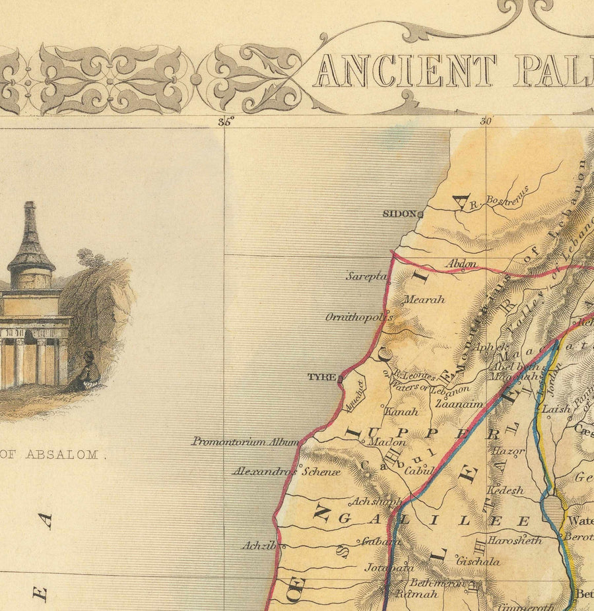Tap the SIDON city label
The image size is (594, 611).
[x=399, y=214]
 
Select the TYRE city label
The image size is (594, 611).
[x=321, y=377]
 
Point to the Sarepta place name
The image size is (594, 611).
[x=366, y=276]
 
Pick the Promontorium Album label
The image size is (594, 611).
[x=245, y=441]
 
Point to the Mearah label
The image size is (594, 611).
[x=424, y=300]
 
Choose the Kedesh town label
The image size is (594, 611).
[x=505, y=490]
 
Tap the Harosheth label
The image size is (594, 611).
[x=515, y=540]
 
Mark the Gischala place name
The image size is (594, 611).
[x=478, y=562]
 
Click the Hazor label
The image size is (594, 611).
[x=508, y=452]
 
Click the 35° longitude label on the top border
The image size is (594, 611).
[x=226, y=121]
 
